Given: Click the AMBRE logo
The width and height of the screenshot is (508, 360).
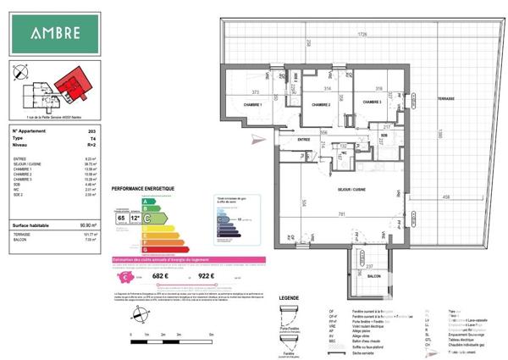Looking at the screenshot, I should point(57,34).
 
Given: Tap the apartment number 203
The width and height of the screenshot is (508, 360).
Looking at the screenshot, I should point(91,132).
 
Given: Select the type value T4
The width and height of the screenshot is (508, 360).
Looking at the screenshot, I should point(92,138).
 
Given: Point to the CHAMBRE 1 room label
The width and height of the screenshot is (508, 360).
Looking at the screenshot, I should point(254,105).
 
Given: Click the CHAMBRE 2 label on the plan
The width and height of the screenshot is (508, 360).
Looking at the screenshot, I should point(319,105).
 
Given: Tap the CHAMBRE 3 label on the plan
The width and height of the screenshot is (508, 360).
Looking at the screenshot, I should point(373,102).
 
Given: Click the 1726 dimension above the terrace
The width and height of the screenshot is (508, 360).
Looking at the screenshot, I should point(362,35).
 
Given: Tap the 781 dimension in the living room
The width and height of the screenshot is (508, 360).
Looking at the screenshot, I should point(341,214).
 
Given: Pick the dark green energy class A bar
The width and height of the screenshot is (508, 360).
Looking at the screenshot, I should point(150,202).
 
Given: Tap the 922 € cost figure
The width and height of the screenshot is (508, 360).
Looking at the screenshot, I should point(206,274).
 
